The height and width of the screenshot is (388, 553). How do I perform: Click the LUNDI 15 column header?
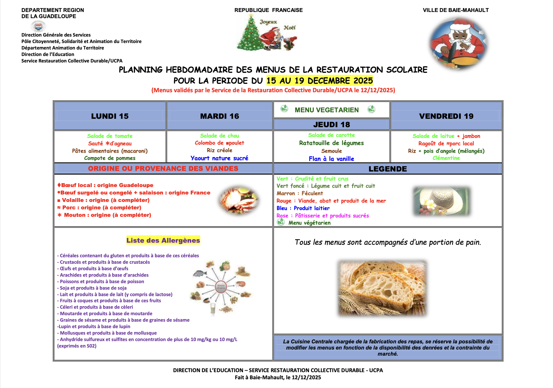tap(110, 116)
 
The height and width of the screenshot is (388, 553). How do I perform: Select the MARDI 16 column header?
tap(219, 116)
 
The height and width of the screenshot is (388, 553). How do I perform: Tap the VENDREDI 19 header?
tap(446, 116)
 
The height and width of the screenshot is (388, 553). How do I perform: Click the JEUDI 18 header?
tap(331, 125)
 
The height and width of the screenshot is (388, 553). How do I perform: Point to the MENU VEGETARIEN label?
tap(326, 110)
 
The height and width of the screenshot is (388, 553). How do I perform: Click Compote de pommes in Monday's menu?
tap(110, 158)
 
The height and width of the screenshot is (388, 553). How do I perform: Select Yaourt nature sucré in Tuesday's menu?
tap(219, 158)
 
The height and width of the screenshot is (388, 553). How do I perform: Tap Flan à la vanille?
tap(331, 159)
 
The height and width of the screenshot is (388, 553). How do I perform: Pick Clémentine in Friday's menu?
tap(446, 158)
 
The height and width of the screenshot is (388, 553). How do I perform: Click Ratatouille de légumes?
tap(331, 143)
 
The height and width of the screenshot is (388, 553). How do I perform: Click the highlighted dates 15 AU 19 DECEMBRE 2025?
tap(319, 81)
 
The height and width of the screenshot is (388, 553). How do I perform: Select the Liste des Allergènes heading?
tap(163, 240)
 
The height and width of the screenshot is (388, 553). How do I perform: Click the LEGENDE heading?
tap(387, 169)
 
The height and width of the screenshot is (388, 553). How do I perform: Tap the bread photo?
tap(382, 288)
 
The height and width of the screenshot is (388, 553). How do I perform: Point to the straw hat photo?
tap(442, 201)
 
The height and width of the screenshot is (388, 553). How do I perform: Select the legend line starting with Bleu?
tap(303, 208)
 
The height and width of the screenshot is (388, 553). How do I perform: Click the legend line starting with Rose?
tap(322, 216)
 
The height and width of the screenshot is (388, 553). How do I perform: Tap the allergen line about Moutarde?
tap(105, 314)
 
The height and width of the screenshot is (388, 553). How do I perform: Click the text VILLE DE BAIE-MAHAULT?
tap(456, 10)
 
